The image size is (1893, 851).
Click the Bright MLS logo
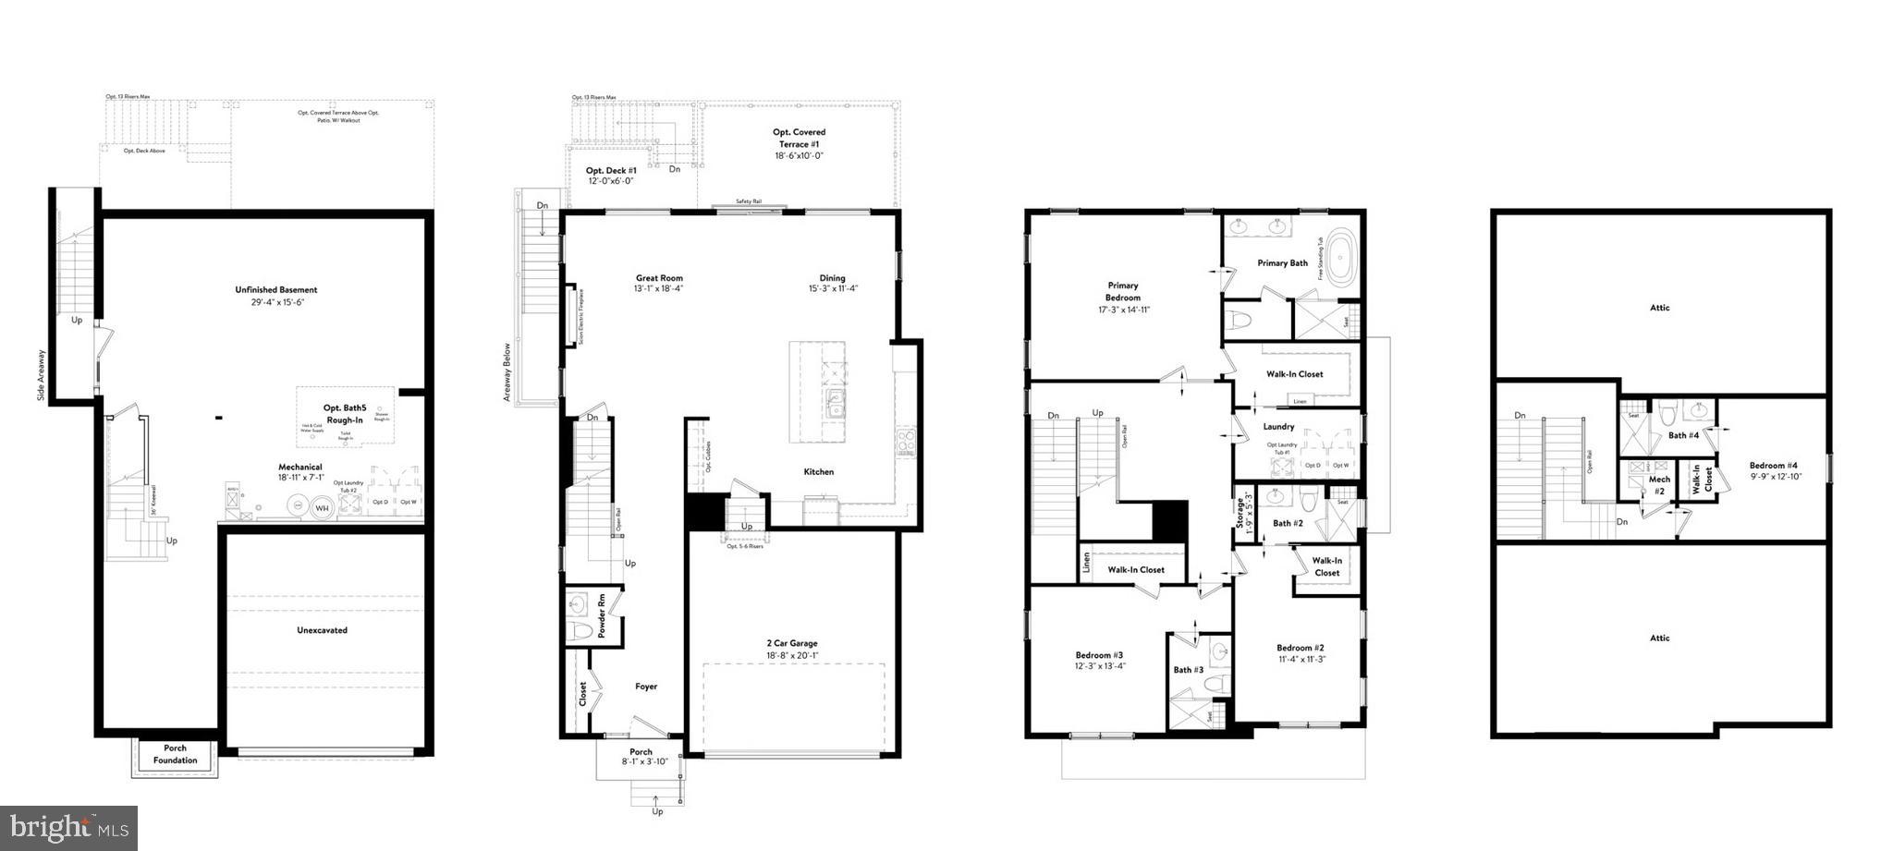click(69, 828)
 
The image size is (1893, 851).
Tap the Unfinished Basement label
click(275, 290)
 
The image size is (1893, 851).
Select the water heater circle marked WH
click(323, 506)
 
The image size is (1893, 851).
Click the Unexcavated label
click(322, 630)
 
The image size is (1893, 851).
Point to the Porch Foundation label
click(175, 754)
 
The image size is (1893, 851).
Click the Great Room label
click(659, 278)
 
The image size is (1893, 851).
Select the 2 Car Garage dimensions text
click(791, 656)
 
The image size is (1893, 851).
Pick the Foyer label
click(646, 687)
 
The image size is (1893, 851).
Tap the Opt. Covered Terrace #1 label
click(800, 138)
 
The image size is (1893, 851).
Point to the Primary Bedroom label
click(1123, 291)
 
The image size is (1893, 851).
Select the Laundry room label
click(1278, 426)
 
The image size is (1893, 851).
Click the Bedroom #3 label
click(1099, 655)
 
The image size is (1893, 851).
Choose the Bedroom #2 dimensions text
click(1301, 659)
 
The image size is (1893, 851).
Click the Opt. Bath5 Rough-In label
click(345, 413)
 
